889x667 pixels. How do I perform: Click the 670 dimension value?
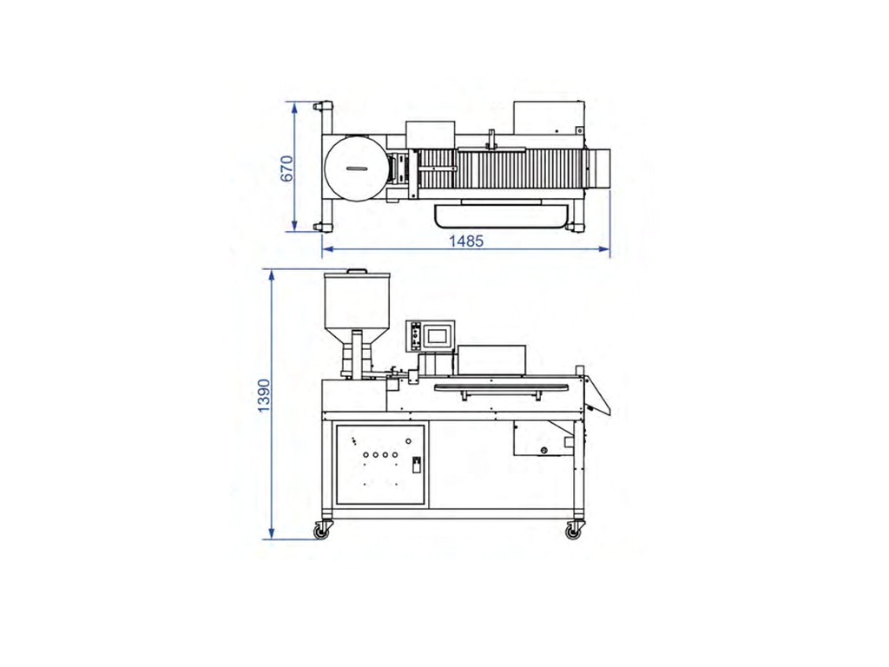[x=287, y=168]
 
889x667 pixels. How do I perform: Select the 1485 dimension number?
[x=466, y=241]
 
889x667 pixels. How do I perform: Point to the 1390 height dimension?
[x=264, y=395]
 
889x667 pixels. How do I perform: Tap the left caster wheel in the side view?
[x=322, y=532]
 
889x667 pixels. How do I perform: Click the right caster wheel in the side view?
[x=573, y=532]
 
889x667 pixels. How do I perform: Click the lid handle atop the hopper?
[x=357, y=271]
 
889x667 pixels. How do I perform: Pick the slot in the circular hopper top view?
[x=358, y=168]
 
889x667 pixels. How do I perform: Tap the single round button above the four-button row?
[x=408, y=440]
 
